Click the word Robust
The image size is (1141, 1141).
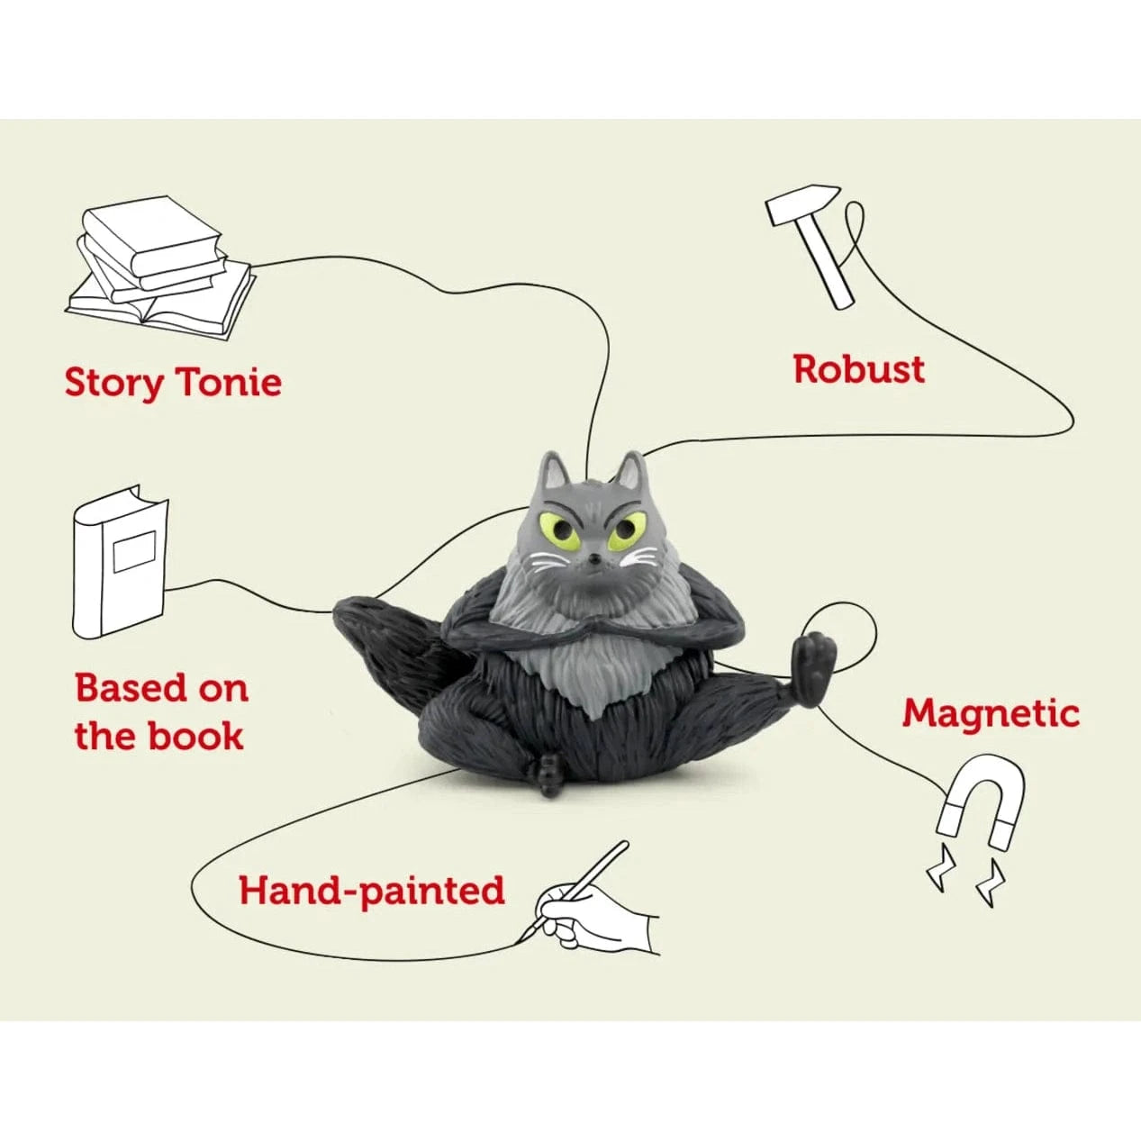pos(858,369)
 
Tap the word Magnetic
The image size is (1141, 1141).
pos(991,713)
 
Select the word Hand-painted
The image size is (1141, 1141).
pos(371,891)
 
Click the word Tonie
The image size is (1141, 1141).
pos(228,382)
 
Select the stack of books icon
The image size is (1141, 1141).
pos(160,266)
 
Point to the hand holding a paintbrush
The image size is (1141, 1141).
pos(594,910)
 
